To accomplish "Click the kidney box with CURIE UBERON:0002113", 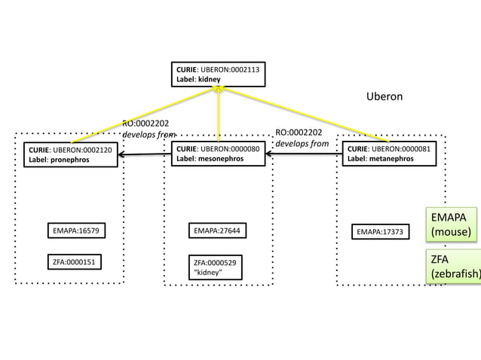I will (x=218, y=75).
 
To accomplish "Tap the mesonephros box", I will (x=217, y=154).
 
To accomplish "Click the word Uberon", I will (x=384, y=97).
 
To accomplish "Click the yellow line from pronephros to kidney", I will (x=143, y=114).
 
